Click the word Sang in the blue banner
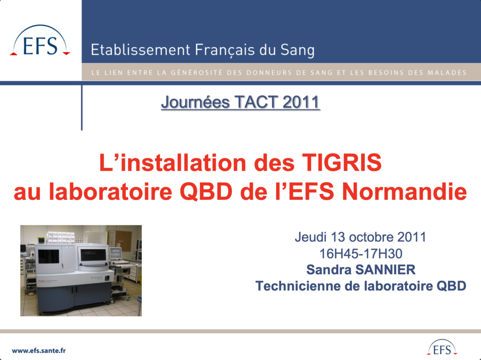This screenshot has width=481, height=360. [297, 50]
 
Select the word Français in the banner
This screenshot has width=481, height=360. [225, 50]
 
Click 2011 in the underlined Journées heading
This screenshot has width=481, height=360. [301, 102]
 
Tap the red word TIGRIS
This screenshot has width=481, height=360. [342, 162]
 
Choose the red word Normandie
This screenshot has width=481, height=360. [404, 191]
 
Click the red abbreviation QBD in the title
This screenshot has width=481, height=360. [206, 192]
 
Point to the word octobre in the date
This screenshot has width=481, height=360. [371, 237]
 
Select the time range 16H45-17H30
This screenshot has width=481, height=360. [361, 254]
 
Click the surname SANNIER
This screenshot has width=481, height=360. [385, 270]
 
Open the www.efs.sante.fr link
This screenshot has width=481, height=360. [39, 351]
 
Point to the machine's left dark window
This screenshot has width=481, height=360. [49, 256]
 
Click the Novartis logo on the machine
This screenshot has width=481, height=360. [97, 277]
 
